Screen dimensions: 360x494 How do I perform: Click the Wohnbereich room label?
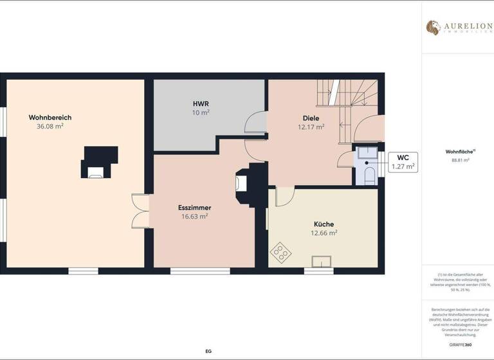(50, 118)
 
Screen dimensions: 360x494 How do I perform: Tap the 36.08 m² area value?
(50, 127)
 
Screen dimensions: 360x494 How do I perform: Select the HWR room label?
(201, 104)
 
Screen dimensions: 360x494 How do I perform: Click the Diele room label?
(311, 118)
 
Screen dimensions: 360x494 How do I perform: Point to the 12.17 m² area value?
(311, 127)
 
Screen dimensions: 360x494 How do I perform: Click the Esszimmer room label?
(195, 208)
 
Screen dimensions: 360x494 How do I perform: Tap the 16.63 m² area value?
(195, 217)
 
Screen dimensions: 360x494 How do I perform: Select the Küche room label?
(324, 224)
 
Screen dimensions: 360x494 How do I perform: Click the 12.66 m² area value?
(324, 233)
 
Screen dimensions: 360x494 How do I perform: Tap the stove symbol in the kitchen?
(281, 252)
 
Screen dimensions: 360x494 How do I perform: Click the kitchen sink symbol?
(321, 260)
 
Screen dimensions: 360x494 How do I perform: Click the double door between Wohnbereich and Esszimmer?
(140, 210)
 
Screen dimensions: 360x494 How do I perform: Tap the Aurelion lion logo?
(433, 28)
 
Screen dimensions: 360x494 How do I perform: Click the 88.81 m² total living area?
(460, 160)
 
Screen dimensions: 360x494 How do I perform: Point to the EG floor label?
(208, 352)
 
